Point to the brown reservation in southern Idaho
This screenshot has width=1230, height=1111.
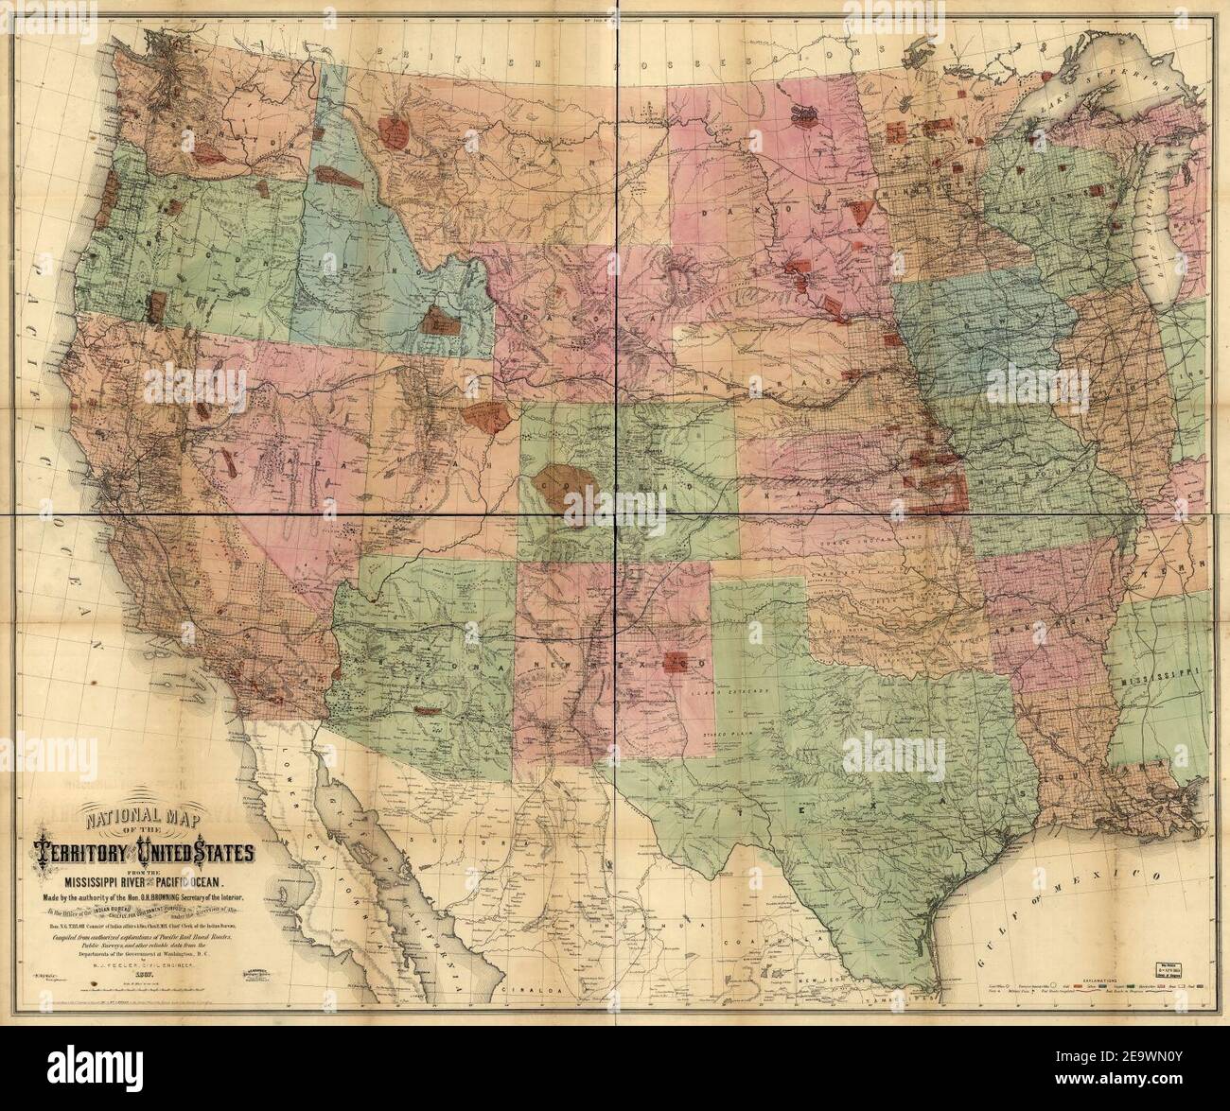[x=437, y=320]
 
